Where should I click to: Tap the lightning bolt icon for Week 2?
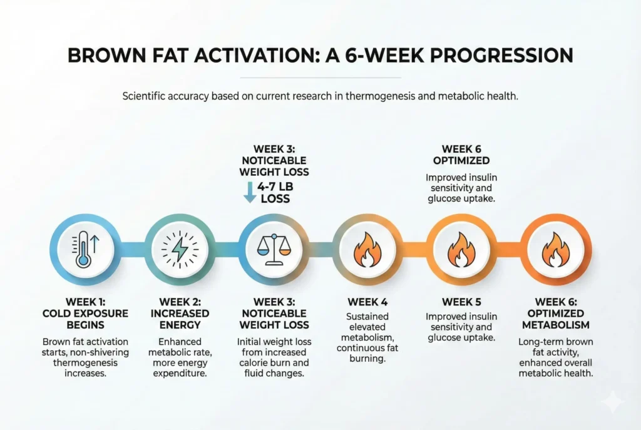point(178,250)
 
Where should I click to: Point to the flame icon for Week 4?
point(366,250)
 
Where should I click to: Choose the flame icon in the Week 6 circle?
point(555,250)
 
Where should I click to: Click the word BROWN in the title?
point(107,55)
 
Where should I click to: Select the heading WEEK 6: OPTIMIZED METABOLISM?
point(555,312)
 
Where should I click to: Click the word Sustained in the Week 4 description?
point(367,317)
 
